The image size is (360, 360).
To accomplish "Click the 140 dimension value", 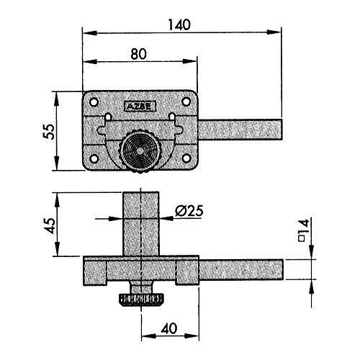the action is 179,24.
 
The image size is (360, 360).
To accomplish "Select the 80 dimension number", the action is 139,54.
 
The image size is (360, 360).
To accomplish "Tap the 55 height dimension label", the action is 49,131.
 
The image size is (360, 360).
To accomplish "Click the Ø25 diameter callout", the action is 189,211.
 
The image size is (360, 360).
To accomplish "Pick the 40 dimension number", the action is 169,328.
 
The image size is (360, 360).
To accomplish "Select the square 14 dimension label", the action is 303,230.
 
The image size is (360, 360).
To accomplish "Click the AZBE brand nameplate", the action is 140,107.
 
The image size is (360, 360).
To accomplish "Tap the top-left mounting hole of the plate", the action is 94,102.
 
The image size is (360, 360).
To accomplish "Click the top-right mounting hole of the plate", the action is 186,102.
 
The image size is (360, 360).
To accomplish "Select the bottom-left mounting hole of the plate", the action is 94,158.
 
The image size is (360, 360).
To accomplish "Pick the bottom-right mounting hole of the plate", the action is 186,158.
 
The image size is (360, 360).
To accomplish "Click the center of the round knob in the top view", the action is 140,150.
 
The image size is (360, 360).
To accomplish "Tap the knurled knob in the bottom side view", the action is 141,300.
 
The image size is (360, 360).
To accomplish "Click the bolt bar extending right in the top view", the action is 240,130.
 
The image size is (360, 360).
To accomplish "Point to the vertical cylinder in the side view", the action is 141,224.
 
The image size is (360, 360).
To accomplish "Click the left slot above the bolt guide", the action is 108,117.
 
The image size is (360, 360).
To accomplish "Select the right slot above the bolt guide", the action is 172,117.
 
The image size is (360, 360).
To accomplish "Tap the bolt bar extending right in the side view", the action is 241,269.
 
